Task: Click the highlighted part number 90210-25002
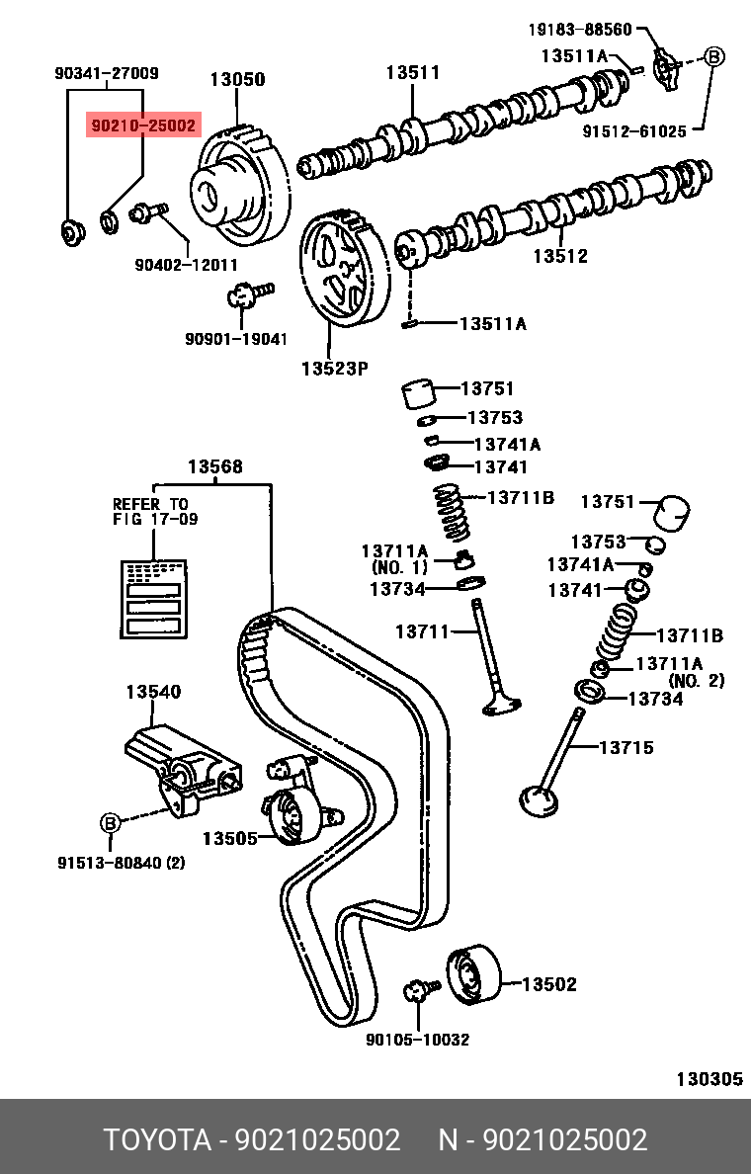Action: coord(143,126)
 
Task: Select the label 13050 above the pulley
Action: coord(236,79)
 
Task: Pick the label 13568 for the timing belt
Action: coord(215,466)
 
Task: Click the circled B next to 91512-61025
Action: coord(713,57)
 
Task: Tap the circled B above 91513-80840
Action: coord(110,822)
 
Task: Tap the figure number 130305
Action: coord(709,1079)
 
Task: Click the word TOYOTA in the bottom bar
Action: coord(159,1140)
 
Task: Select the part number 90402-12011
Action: coord(187,264)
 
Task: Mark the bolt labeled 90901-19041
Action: coord(248,293)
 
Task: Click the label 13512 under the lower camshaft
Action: coord(560,256)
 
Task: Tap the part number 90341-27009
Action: coord(106,73)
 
